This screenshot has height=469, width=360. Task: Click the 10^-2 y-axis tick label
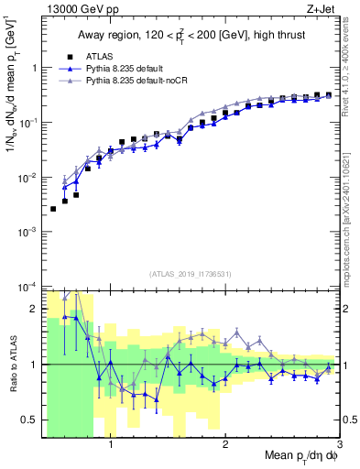[27, 177]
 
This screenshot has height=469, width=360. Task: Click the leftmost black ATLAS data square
[53, 209]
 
